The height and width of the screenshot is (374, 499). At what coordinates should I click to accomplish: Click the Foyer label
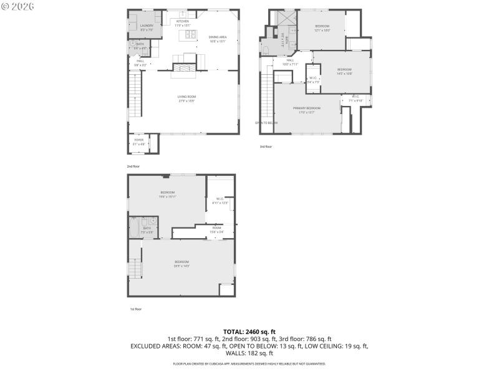[138, 141]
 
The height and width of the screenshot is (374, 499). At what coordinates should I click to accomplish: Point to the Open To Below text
[266, 123]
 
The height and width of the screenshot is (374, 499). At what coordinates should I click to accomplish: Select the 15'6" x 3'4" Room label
[216, 229]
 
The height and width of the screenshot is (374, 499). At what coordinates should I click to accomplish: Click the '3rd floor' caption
[266, 147]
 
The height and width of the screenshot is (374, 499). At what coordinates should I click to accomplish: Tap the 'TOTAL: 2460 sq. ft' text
[249, 332]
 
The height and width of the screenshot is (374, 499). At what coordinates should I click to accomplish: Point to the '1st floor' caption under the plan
[135, 309]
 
